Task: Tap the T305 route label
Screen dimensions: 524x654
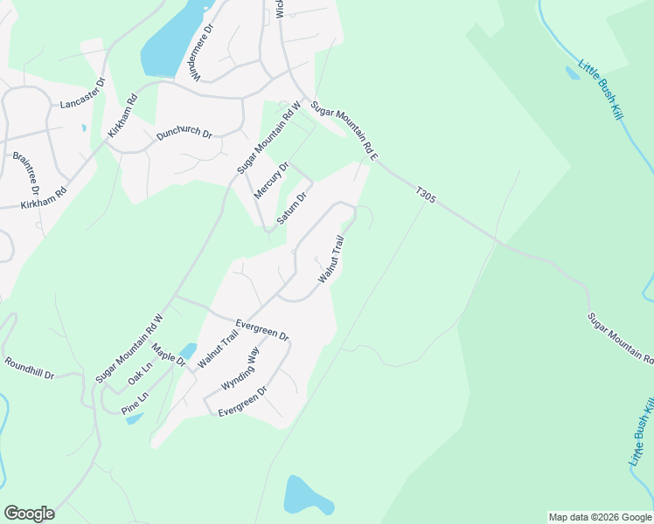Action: coord(426,198)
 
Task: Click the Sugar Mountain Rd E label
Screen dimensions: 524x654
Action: coord(344,129)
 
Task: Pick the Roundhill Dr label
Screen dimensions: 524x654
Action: coord(29,369)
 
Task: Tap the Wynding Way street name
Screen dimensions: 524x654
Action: coord(240,370)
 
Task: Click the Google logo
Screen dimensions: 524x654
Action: coord(29,513)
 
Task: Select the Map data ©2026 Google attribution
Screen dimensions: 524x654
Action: coord(600,517)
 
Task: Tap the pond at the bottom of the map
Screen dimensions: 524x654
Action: coord(305,496)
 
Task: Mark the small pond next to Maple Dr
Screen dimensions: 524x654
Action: coord(186,351)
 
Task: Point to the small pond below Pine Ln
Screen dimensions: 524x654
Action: coord(134,418)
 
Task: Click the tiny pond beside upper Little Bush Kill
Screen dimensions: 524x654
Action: coord(573,73)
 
